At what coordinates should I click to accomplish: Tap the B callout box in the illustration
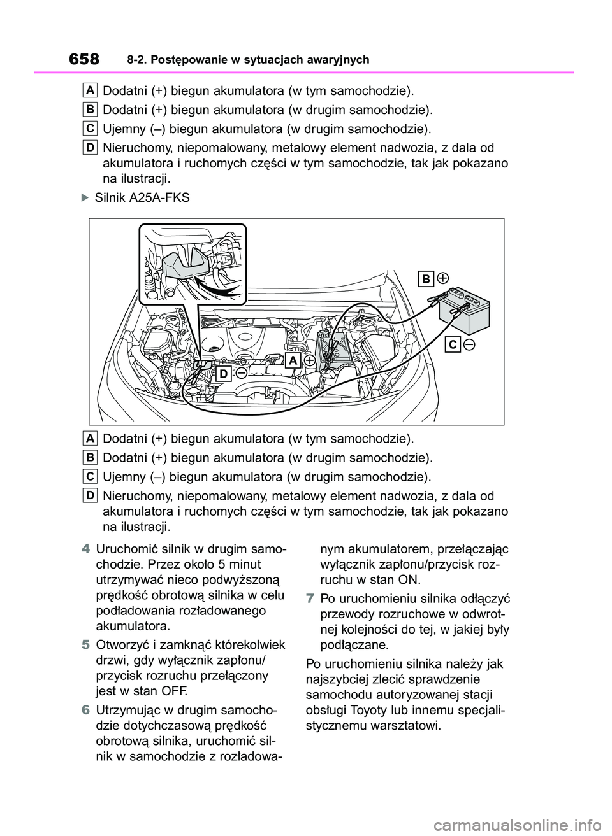[x=426, y=278]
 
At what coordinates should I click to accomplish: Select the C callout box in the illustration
[x=453, y=344]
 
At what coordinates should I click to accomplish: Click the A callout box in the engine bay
[x=293, y=360]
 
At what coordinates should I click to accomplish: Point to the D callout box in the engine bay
[x=223, y=374]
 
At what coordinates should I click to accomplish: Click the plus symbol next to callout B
[x=442, y=278]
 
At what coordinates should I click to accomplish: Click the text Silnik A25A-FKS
[x=142, y=198]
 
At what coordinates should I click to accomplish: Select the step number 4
[x=85, y=549]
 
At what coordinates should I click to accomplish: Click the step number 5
[x=85, y=645]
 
